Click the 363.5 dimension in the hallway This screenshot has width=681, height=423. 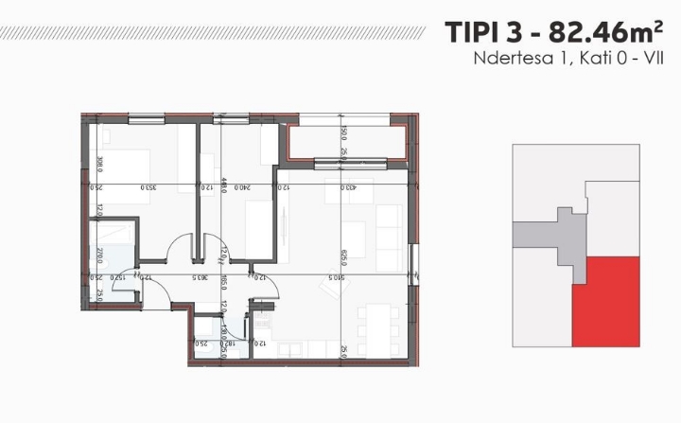click(200, 277)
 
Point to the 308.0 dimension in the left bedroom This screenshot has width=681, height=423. click(98, 163)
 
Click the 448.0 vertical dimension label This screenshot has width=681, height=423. click(223, 186)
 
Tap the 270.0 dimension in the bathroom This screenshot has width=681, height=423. click(98, 254)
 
